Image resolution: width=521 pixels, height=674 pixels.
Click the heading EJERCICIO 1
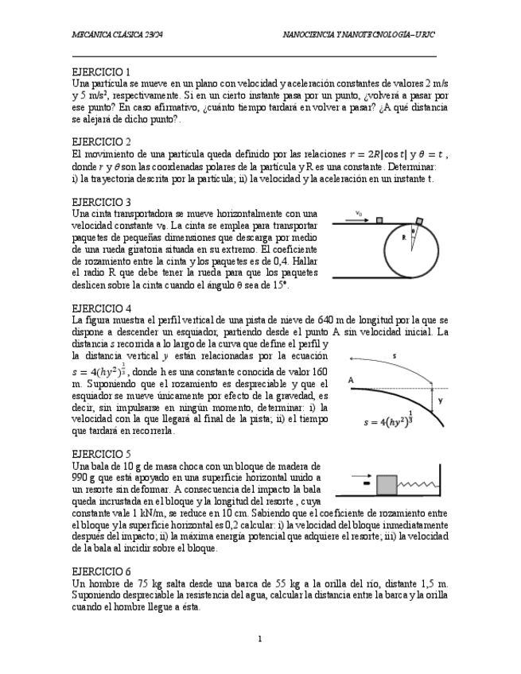(101, 72)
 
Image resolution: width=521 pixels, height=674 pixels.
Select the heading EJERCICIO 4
(101, 308)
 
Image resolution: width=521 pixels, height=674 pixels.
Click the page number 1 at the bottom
(259, 638)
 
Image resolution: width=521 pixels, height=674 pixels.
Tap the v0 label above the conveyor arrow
(359, 213)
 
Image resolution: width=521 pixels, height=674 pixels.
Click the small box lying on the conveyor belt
(379, 220)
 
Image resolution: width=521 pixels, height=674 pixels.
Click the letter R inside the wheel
(404, 237)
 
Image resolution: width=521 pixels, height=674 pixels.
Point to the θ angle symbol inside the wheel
(414, 232)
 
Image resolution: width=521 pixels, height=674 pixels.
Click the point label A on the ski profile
(351, 381)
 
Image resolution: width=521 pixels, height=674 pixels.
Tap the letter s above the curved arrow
(394, 355)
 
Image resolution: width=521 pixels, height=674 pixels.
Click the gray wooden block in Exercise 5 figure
(387, 482)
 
